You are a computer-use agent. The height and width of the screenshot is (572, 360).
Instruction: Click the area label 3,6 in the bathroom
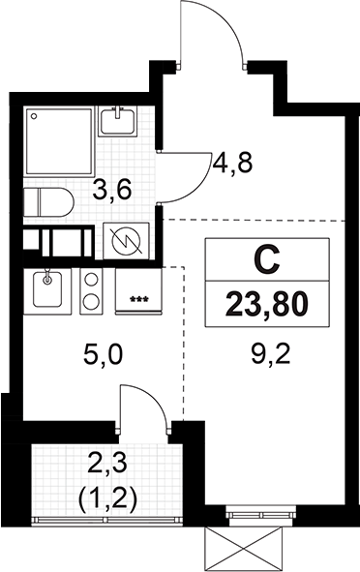111,192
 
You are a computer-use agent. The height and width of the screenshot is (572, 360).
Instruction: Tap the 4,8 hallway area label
233,163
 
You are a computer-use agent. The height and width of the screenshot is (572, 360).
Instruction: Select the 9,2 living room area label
270,354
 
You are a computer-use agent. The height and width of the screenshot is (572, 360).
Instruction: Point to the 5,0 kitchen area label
104,355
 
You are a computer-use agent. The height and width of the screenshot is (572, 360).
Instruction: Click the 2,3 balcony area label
107,465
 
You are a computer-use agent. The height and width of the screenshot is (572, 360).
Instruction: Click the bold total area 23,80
267,305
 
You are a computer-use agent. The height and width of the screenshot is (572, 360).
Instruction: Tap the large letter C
267,260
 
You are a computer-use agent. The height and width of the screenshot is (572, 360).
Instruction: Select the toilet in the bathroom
48,202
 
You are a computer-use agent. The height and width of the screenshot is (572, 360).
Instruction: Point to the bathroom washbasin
117,121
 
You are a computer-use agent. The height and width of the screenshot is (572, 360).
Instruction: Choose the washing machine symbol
126,241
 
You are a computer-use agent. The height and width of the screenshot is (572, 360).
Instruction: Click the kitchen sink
47,290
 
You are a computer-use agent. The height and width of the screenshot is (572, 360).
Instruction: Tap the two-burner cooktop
92,290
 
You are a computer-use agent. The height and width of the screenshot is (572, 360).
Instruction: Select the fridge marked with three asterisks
138,290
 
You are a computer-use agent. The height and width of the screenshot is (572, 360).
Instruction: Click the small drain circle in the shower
34,116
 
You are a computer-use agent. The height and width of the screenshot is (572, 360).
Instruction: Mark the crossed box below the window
243,549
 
